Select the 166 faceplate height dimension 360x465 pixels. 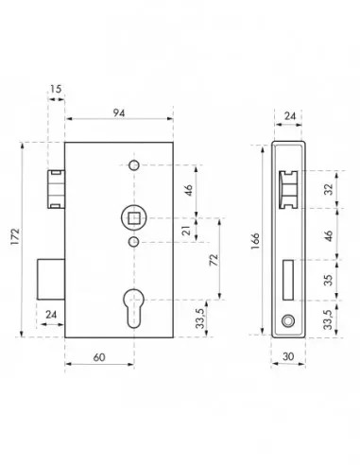click(256, 241)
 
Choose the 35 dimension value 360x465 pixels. click(326, 280)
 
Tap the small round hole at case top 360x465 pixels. click(133, 167)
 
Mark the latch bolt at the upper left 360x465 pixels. click(56, 189)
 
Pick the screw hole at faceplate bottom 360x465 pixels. click(286, 322)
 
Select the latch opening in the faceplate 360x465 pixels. click(287, 189)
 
